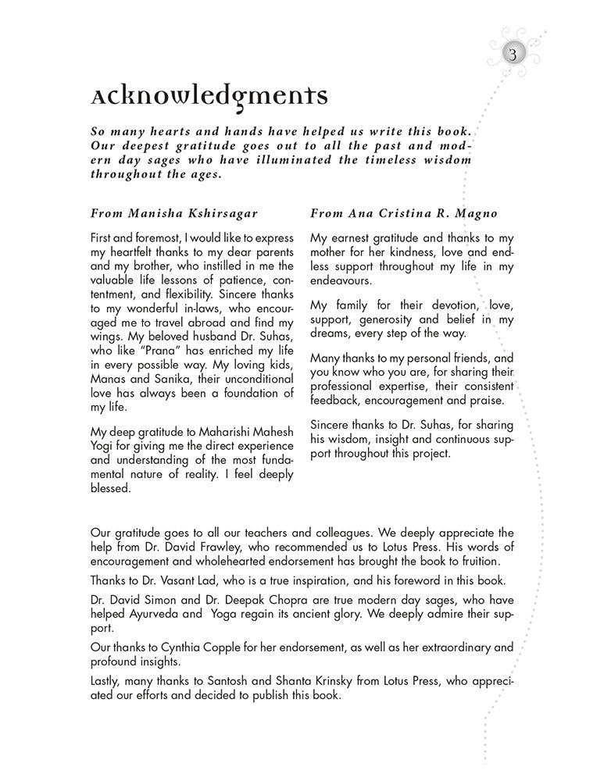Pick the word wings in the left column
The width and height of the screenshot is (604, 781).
(x=109, y=337)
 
